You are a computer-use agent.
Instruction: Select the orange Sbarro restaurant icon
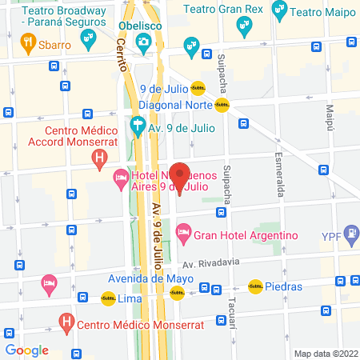29,44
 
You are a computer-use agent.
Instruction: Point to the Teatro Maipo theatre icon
280,10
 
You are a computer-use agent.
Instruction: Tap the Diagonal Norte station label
174,105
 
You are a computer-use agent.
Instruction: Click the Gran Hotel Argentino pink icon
183,235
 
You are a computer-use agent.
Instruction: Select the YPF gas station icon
350,234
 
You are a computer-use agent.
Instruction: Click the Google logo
27,350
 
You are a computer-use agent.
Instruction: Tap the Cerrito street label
123,56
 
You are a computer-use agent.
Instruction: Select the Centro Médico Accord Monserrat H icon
99,158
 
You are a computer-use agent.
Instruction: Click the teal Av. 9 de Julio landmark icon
138,126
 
